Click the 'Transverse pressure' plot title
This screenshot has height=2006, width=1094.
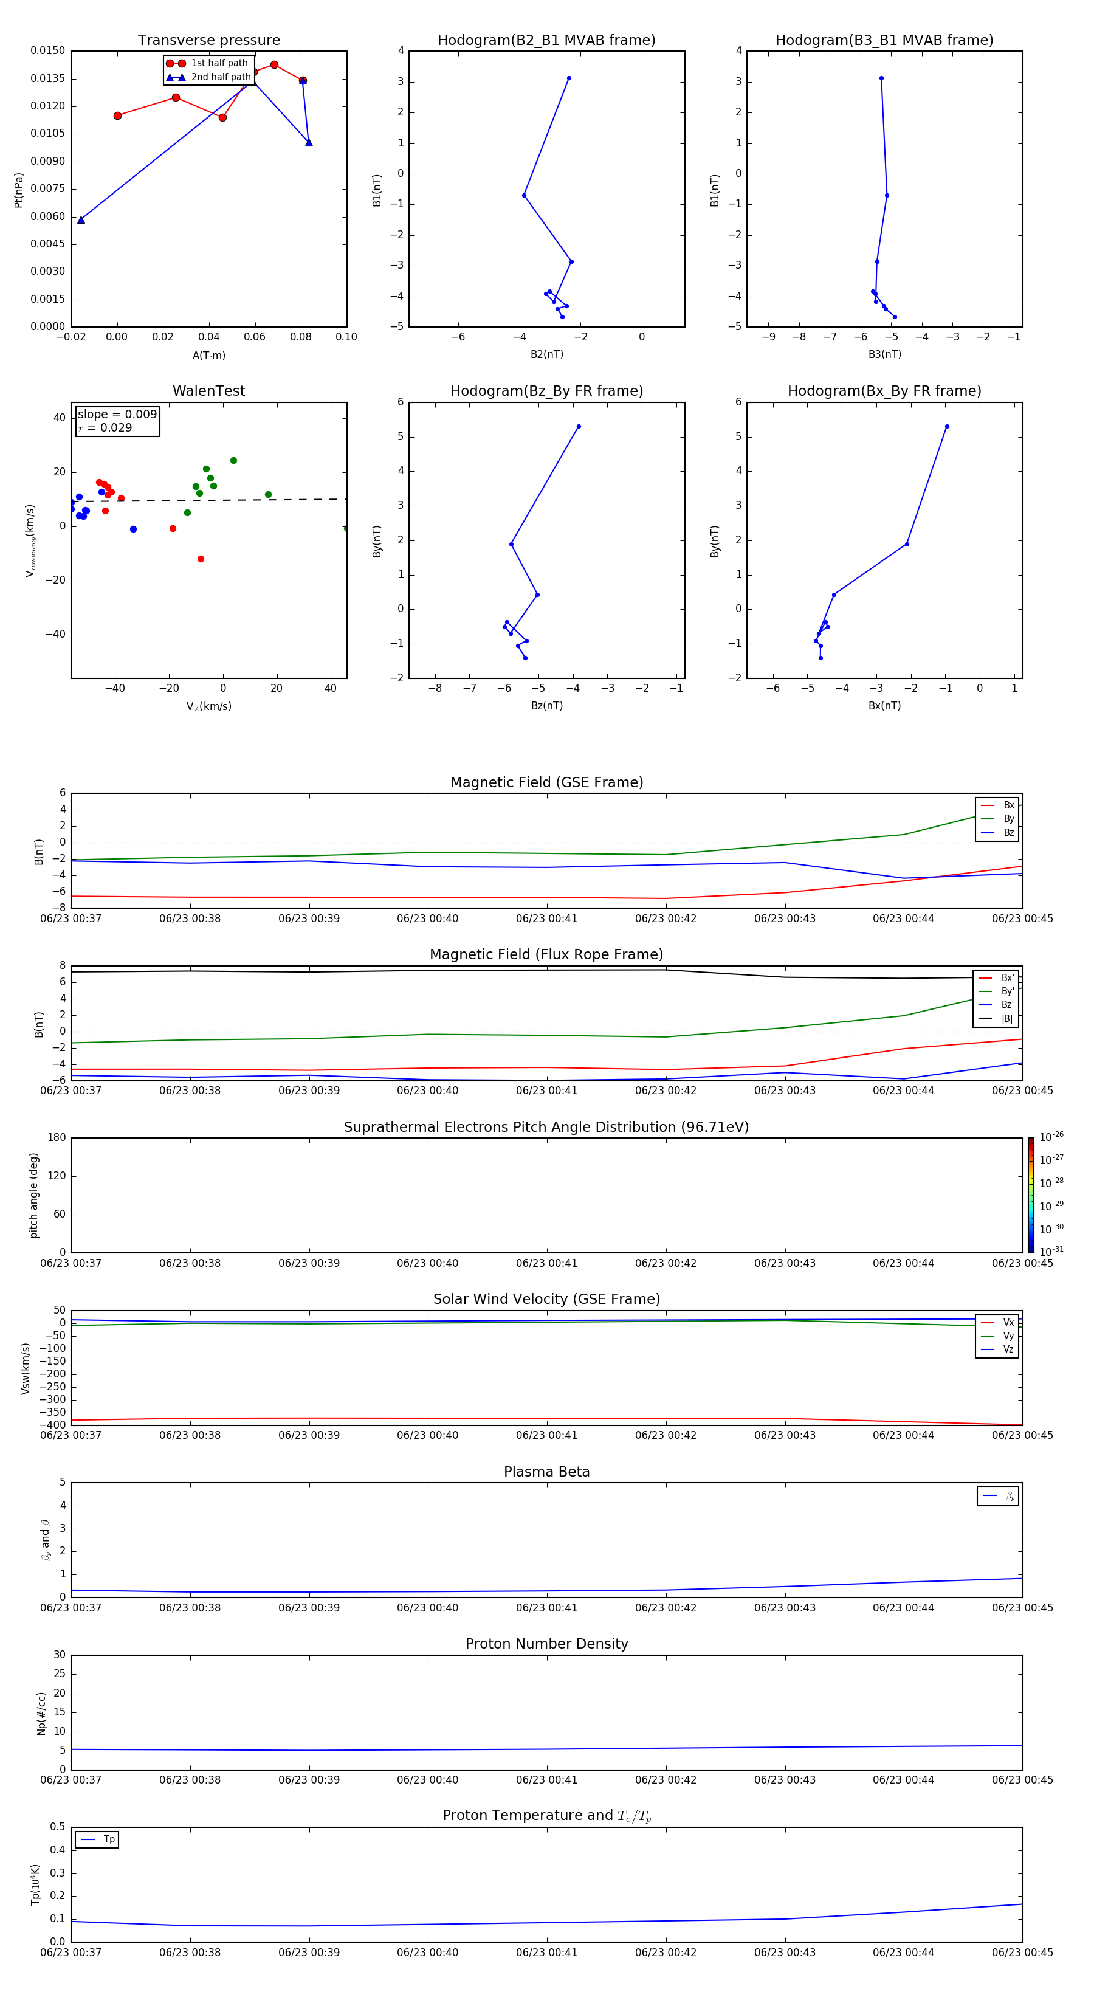tap(208, 41)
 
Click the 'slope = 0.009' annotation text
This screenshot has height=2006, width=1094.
tap(117, 415)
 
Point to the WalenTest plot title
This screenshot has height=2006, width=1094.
tap(208, 391)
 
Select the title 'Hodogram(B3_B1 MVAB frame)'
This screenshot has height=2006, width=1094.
tap(884, 41)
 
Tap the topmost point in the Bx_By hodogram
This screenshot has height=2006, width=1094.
tap(947, 427)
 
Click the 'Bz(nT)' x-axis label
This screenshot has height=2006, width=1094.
tap(546, 706)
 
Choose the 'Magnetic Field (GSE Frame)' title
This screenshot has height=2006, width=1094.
tap(546, 782)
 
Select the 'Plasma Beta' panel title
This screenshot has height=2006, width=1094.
tap(546, 1472)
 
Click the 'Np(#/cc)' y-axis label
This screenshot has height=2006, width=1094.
tap(42, 1713)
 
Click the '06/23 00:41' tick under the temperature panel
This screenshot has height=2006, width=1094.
tap(546, 1953)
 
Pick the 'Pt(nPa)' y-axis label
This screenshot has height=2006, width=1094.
tap(19, 190)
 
